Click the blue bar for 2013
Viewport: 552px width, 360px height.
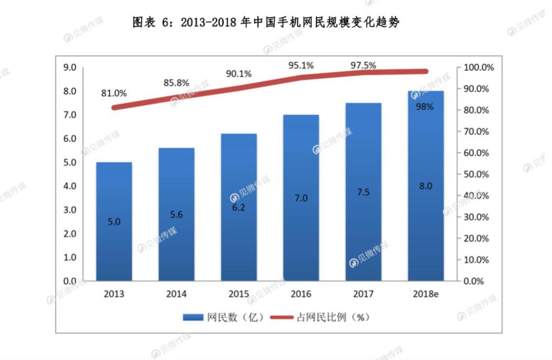[x=114, y=221]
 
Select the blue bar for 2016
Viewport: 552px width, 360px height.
[x=301, y=198]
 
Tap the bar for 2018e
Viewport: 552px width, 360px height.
[x=425, y=186]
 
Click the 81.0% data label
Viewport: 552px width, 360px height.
[x=114, y=93]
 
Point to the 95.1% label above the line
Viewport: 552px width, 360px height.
[x=301, y=65]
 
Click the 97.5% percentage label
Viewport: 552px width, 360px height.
[x=363, y=65]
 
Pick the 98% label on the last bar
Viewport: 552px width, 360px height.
[x=424, y=107]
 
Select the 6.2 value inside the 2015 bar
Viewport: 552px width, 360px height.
[x=239, y=208]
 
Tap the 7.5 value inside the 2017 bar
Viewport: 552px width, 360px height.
[x=363, y=192]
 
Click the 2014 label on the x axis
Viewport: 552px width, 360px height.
[x=176, y=294]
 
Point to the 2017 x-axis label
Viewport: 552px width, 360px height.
[x=363, y=294]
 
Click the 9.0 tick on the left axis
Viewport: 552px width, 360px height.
[x=70, y=67]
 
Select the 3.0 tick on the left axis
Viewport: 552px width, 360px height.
[x=70, y=210]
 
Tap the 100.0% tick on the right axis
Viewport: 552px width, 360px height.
[x=478, y=67]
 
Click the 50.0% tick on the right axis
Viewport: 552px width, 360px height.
[x=476, y=174]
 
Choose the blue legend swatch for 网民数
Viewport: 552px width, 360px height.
[x=193, y=318]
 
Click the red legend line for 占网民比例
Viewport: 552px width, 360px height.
[x=281, y=318]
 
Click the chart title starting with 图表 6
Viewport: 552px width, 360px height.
[x=266, y=22]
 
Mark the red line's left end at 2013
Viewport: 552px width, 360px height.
[x=114, y=108]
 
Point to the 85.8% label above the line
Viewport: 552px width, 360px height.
[x=176, y=83]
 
